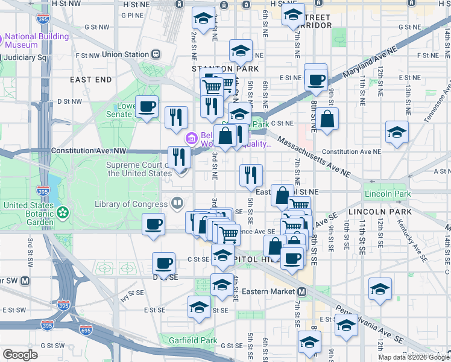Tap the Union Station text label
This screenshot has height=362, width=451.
click(125, 54)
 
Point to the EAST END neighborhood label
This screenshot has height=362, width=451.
click(90, 80)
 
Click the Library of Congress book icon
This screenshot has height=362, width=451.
click(177, 204)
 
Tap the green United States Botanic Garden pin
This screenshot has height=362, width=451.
click(62, 213)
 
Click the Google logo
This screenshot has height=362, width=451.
click(20, 354)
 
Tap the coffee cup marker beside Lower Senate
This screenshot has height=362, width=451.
click(147, 107)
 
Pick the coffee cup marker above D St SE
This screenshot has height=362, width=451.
click(163, 264)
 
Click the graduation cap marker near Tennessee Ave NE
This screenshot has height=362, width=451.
click(396, 133)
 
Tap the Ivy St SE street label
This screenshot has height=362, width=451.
click(133, 295)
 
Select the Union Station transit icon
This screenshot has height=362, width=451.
click(156, 54)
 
